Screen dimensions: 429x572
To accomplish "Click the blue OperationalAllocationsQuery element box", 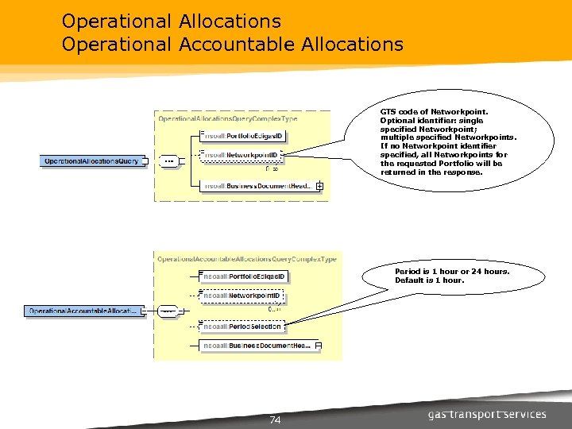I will pyautogui.click(x=91, y=161).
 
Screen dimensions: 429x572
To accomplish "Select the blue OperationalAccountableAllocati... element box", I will pyautogui.click(x=83, y=311).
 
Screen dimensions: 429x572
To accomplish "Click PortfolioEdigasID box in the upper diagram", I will pyautogui.click(x=242, y=137).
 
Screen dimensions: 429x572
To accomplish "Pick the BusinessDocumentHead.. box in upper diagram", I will pyautogui.click(x=259, y=186).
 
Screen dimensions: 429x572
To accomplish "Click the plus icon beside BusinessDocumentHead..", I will pyautogui.click(x=319, y=186).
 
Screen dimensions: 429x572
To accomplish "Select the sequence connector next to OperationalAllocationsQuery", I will pyautogui.click(x=168, y=161).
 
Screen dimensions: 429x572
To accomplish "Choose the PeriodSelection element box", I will pyautogui.click(x=242, y=327).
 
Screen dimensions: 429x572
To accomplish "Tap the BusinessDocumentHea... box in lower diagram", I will pyautogui.click(x=256, y=346).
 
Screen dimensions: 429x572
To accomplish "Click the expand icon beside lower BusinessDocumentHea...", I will pyautogui.click(x=318, y=346).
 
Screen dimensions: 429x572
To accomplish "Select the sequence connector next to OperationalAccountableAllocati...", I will pyautogui.click(x=168, y=311).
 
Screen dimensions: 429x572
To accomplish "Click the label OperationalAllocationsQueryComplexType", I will pyautogui.click(x=228, y=118).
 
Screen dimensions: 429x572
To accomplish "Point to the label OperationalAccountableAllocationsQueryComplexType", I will pyautogui.click(x=247, y=259).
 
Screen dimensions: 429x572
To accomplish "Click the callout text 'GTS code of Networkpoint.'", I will pyautogui.click(x=433, y=112).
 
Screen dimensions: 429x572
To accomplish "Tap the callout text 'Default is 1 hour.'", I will pyautogui.click(x=430, y=280).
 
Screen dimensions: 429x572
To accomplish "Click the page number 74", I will pyautogui.click(x=276, y=419).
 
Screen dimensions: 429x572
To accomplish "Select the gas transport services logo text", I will pyautogui.click(x=487, y=414).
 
